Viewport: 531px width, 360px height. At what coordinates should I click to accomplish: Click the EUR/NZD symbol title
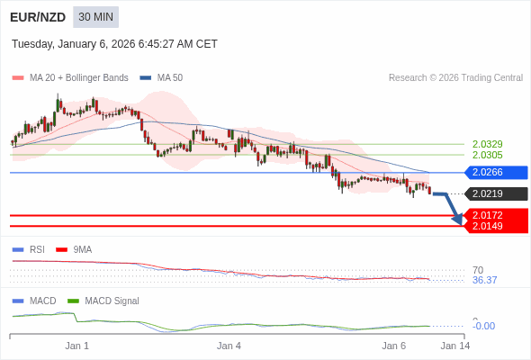tap(37, 17)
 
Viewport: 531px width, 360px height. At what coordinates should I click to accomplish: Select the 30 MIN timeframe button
tap(95, 17)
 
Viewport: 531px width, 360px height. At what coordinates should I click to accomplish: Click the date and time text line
tap(114, 44)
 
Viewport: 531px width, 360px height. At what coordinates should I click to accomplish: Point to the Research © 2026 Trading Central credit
tap(455, 77)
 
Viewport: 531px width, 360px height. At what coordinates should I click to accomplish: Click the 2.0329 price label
tap(487, 144)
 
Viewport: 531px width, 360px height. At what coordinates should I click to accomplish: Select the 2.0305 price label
tap(487, 155)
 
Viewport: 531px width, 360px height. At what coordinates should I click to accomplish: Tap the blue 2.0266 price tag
tap(494, 173)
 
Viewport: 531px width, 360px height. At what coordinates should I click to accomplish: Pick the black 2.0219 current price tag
tap(494, 193)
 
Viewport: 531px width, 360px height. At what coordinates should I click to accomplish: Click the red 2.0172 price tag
tap(494, 215)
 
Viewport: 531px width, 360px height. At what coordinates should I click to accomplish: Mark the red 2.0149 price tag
tap(494, 226)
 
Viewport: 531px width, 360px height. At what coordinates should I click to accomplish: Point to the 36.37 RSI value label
tap(484, 280)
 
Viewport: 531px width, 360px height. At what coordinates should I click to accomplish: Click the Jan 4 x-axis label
tap(229, 346)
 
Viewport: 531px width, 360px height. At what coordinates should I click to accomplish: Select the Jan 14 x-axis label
tap(454, 346)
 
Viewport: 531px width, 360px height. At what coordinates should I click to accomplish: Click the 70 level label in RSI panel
tap(478, 270)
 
